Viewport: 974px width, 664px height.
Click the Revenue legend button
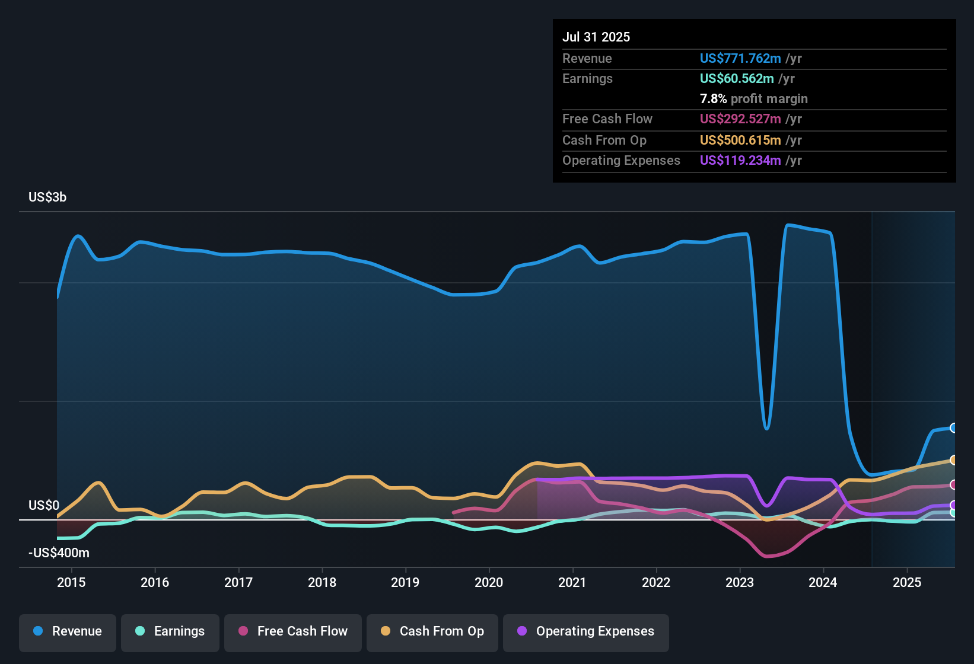(68, 631)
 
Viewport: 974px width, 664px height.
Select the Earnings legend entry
(170, 631)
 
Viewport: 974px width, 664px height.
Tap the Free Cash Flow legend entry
(293, 631)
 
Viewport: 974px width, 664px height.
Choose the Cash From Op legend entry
(432, 631)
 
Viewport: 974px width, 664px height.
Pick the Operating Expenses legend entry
(586, 631)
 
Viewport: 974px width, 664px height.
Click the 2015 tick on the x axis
(71, 582)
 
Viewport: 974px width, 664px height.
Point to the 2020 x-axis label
(489, 582)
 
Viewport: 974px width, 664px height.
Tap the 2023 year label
(740, 582)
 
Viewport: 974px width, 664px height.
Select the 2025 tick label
(907, 582)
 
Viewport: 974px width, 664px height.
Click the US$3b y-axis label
(47, 197)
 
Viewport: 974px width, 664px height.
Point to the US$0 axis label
(44, 506)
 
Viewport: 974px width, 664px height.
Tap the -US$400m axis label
(59, 553)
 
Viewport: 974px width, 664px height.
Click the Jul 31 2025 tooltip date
(596, 37)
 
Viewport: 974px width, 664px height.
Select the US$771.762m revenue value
(740, 58)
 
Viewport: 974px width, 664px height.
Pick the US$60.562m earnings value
(737, 78)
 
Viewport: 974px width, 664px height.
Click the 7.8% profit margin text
(753, 98)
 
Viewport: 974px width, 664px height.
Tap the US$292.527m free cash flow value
(740, 119)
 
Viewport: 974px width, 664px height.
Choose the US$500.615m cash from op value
(740, 140)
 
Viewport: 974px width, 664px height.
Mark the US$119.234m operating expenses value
(740, 160)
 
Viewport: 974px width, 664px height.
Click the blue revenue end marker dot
(953, 428)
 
